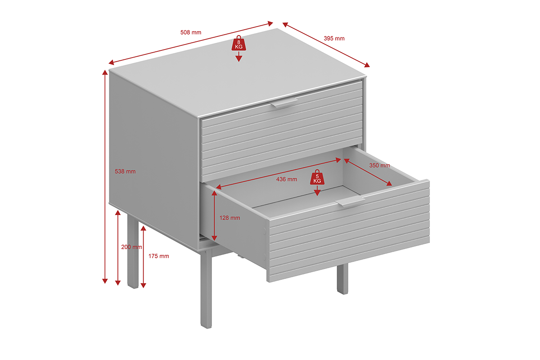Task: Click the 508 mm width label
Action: (x=191, y=32)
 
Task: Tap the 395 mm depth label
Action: (x=334, y=38)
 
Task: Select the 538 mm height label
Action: (x=125, y=171)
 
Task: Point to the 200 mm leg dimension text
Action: (x=131, y=247)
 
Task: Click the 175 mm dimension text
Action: (x=158, y=256)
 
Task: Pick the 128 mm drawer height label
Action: (x=230, y=218)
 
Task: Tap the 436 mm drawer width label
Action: (x=287, y=180)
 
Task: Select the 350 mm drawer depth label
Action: (x=380, y=166)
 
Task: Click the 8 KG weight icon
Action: (x=238, y=43)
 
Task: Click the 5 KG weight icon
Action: (x=317, y=177)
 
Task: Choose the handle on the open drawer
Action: (x=350, y=201)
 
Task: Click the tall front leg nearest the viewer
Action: (x=206, y=288)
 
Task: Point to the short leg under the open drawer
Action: (x=342, y=279)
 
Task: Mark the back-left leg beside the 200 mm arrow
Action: (x=133, y=252)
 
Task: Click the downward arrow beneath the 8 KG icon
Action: (x=238, y=56)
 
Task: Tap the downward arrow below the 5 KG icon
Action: (x=317, y=190)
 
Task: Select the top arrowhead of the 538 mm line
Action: (x=105, y=72)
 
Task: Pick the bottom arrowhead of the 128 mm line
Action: (x=214, y=238)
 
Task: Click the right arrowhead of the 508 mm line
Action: (x=270, y=23)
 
